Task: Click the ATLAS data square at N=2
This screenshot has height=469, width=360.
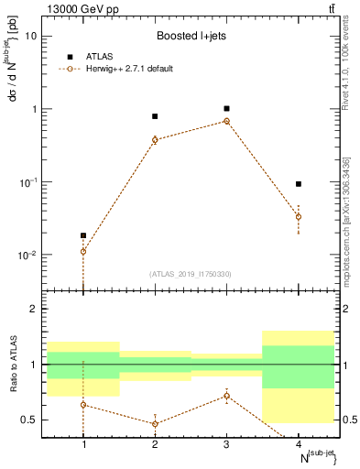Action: point(155,116)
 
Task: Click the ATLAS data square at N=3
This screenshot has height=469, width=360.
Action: point(226,108)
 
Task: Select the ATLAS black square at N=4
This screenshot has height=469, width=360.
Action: point(298,184)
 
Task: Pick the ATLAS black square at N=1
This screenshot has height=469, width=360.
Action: point(83,235)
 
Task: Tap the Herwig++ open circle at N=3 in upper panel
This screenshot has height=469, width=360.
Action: point(226,121)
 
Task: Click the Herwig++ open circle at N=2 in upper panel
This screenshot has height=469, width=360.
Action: point(155,139)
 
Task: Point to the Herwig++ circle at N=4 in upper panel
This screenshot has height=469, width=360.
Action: point(298,217)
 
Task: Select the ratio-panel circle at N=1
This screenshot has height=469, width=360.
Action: point(83,404)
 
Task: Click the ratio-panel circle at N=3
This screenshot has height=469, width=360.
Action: point(226,396)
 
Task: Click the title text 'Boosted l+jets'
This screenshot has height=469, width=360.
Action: point(191,36)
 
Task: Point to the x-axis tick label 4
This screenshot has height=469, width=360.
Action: point(298,443)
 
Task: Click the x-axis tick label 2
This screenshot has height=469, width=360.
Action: point(155,443)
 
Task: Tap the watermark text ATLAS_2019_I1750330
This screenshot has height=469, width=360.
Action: point(191,274)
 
